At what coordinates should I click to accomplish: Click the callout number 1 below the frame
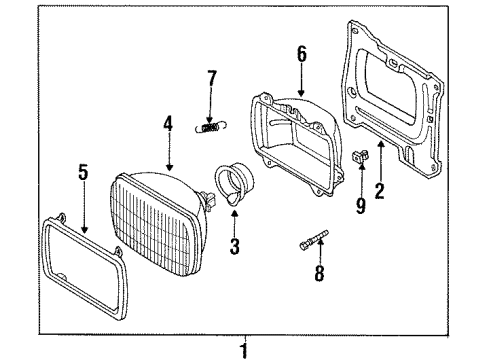[x=244, y=351]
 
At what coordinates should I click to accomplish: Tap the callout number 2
[x=380, y=191]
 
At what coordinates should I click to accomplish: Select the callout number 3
[x=235, y=246]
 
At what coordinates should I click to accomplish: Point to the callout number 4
[x=168, y=123]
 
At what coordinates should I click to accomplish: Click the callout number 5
[x=83, y=172]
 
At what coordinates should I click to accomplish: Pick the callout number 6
[x=302, y=54]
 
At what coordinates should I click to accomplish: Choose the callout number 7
[x=212, y=78]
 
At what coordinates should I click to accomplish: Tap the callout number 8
[x=319, y=273]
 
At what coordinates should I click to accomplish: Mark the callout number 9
[x=361, y=206]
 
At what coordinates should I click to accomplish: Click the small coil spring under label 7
[x=211, y=127]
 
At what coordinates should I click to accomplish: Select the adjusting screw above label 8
[x=314, y=239]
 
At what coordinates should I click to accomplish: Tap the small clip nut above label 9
[x=361, y=156]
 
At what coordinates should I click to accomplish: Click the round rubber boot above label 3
[x=234, y=181]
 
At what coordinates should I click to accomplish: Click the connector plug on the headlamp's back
[x=209, y=200]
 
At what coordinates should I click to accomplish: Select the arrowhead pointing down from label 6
[x=301, y=93]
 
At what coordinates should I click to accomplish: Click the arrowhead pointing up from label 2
[x=380, y=145]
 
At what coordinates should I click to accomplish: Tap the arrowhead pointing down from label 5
[x=84, y=229]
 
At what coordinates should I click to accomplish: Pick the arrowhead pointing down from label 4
[x=169, y=167]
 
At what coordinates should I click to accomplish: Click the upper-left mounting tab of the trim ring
[x=61, y=217]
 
